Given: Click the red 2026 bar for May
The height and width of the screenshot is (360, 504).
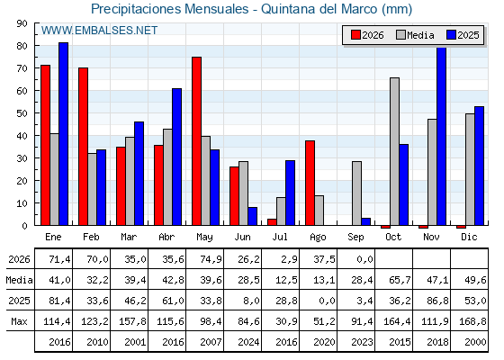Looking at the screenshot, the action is pos(197,140).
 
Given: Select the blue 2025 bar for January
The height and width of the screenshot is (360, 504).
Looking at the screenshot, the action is pos(63,134).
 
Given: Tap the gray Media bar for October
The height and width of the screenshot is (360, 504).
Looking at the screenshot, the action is pos(395,151).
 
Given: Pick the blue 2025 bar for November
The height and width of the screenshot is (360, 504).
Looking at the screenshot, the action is pos(442,136).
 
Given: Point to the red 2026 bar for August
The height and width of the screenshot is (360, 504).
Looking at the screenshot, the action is pos(310,183).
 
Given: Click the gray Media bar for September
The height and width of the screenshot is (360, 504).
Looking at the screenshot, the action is pos(356,193).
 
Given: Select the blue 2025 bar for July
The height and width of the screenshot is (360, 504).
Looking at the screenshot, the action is pos(290,193).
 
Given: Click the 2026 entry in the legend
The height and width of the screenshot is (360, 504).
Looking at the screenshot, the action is pos(367,35).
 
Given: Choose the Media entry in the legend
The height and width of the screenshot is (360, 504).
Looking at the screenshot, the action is pos(415,35).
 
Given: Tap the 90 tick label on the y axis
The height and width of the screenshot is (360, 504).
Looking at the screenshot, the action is pos(23,23).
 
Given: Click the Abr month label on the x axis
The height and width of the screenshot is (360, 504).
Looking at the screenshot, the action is pos(166,237).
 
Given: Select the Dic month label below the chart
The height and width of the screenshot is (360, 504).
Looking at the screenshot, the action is pos(469,237).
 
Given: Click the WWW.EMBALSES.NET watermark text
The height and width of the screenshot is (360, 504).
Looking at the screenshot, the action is pos(99,31).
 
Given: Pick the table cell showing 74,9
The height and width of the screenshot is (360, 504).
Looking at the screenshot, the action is pos(211,259).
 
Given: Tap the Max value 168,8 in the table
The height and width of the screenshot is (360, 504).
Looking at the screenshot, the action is pos(472,321).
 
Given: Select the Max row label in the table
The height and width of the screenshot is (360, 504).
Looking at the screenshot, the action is pos(19,321).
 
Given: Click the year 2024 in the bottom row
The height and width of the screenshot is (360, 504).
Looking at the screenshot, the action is pos(248,342).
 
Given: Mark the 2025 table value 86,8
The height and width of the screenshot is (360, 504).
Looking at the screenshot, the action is pos(437,301).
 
